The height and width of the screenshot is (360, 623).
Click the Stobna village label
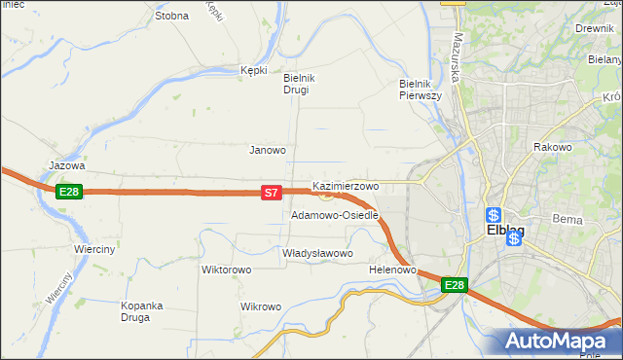point(171,16)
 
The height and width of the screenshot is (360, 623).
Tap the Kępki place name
point(253,70)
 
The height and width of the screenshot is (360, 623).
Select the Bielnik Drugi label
point(296,84)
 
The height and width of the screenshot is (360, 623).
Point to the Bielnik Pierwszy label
point(421,90)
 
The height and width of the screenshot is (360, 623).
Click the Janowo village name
point(268,150)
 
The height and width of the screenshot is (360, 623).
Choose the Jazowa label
point(67,165)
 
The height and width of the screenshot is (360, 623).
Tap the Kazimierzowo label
point(346,185)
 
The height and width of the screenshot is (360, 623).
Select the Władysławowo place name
point(317,253)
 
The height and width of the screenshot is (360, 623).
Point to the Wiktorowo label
point(227,270)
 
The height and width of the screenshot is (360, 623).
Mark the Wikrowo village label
point(260,306)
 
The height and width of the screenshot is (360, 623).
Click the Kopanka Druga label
point(148,310)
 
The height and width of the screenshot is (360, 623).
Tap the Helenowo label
point(393,269)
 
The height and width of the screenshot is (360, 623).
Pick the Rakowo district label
point(551,147)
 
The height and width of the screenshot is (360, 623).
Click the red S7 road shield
point(272,194)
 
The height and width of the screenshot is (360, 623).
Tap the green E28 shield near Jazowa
point(67,192)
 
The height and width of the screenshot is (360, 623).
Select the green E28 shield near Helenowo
point(455,285)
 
